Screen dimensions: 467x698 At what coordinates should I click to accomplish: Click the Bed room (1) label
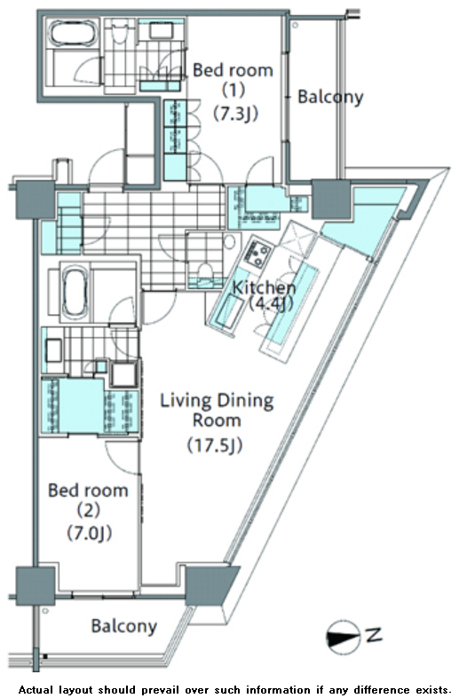tap(233, 80)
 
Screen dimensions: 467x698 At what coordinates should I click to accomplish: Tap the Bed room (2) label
tap(88, 500)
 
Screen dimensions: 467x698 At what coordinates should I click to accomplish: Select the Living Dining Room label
tap(217, 410)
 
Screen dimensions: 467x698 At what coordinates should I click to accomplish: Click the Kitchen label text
tap(264, 287)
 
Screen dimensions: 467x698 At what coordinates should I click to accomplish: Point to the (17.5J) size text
tap(215, 444)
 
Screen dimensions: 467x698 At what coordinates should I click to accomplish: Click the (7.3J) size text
tap(235, 114)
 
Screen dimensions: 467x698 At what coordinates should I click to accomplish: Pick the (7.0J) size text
tap(89, 533)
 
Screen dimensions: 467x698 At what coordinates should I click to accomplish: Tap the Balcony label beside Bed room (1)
tap(330, 97)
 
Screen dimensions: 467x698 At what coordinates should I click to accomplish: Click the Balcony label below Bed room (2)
tap(124, 626)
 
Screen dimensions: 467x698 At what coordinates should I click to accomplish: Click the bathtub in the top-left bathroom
tap(71, 34)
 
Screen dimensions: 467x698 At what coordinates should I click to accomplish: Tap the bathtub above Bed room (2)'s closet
tap(75, 293)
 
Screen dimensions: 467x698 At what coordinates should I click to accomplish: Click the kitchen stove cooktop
tap(257, 254)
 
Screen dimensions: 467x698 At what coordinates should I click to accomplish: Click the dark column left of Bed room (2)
tap(36, 586)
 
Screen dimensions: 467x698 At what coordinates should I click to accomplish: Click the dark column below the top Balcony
tap(331, 199)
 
